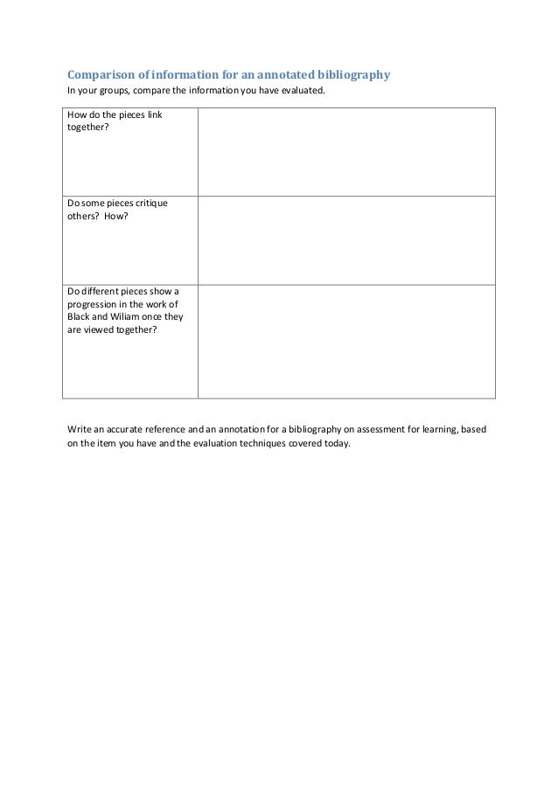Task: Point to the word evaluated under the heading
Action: (x=302, y=91)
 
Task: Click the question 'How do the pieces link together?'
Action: (x=115, y=121)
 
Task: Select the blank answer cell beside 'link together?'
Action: (x=346, y=152)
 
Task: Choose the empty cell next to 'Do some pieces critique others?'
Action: (x=346, y=240)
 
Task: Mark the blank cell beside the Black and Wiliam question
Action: (x=346, y=341)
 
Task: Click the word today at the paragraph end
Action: (x=336, y=443)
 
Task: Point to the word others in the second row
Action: (x=81, y=217)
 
